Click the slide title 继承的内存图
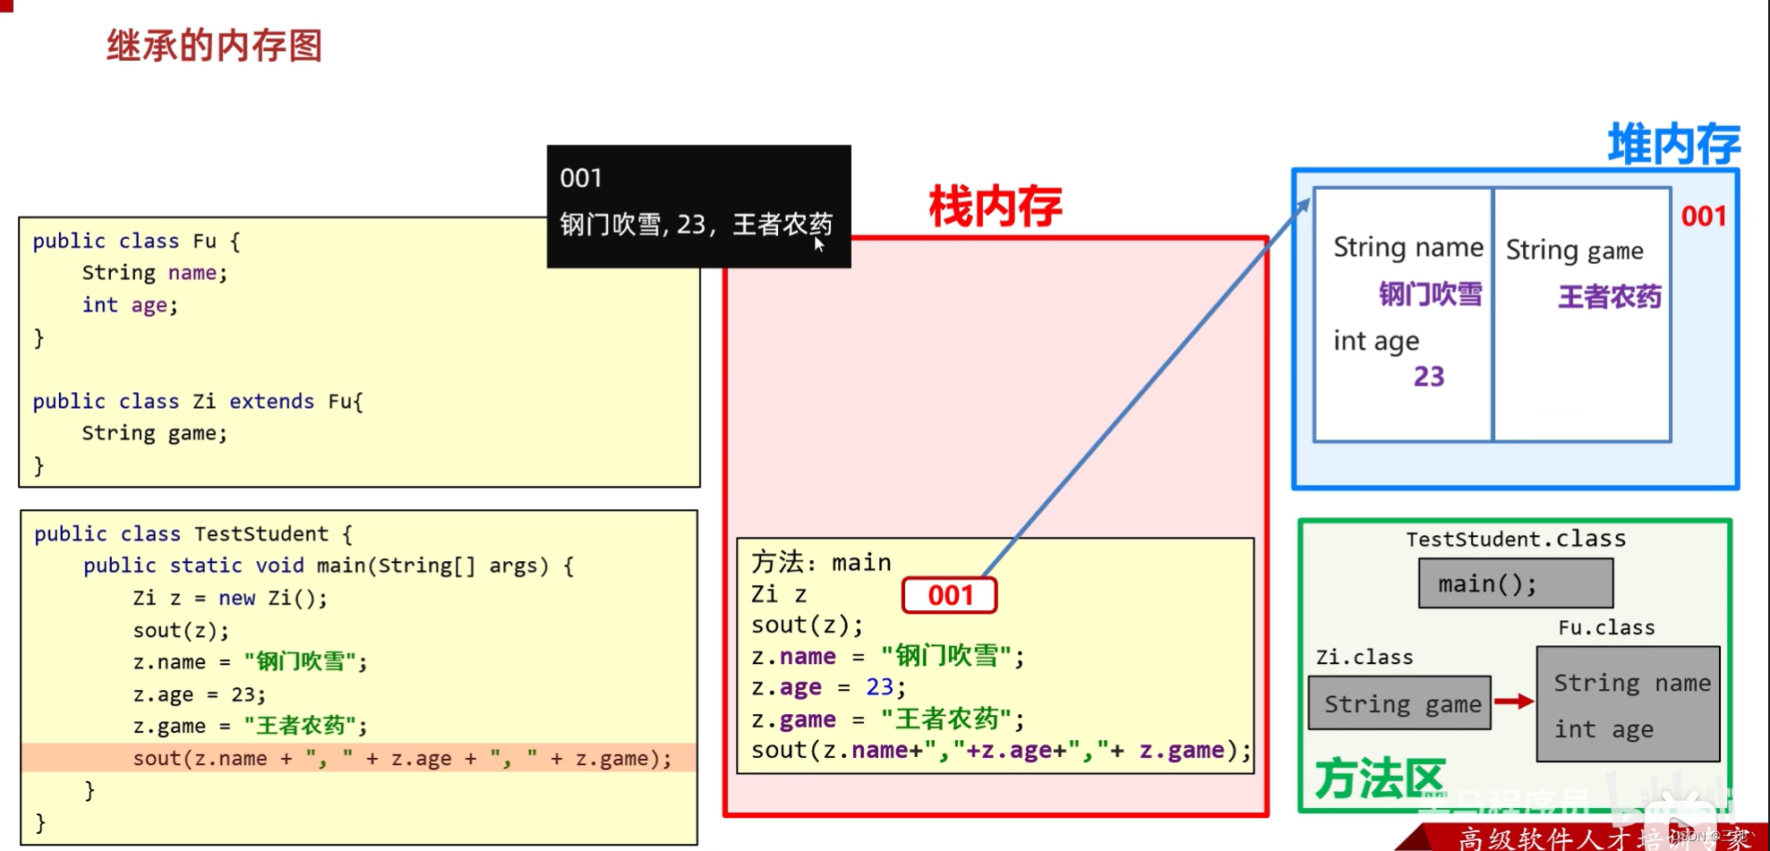[214, 45]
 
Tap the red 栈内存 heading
[995, 207]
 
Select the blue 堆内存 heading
[1673, 143]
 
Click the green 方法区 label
[1379, 779]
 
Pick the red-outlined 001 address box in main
[949, 595]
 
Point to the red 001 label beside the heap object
[1703, 216]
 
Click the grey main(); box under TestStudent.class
[1515, 583]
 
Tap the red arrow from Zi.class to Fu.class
[1513, 702]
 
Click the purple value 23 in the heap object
[1429, 377]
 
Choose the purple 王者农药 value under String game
[1609, 296]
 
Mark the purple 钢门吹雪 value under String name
[1430, 294]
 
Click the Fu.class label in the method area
[1606, 627]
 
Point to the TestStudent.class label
[1515, 539]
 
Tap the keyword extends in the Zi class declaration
[271, 401]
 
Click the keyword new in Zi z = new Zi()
[237, 598]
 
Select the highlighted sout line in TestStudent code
[401, 758]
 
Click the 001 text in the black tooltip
[581, 178]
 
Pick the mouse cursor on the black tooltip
[818, 244]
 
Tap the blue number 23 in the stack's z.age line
[879, 686]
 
